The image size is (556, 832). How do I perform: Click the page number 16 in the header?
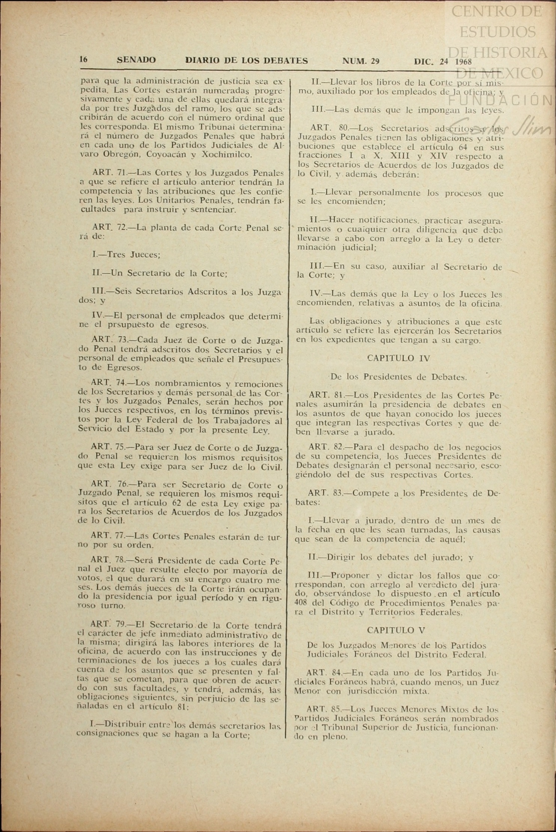(83, 59)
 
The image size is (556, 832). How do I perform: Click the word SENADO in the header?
(136, 60)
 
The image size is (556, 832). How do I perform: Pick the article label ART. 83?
(326, 493)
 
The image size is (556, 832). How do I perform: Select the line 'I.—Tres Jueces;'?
(126, 255)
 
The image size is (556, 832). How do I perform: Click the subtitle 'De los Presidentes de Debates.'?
(398, 377)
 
